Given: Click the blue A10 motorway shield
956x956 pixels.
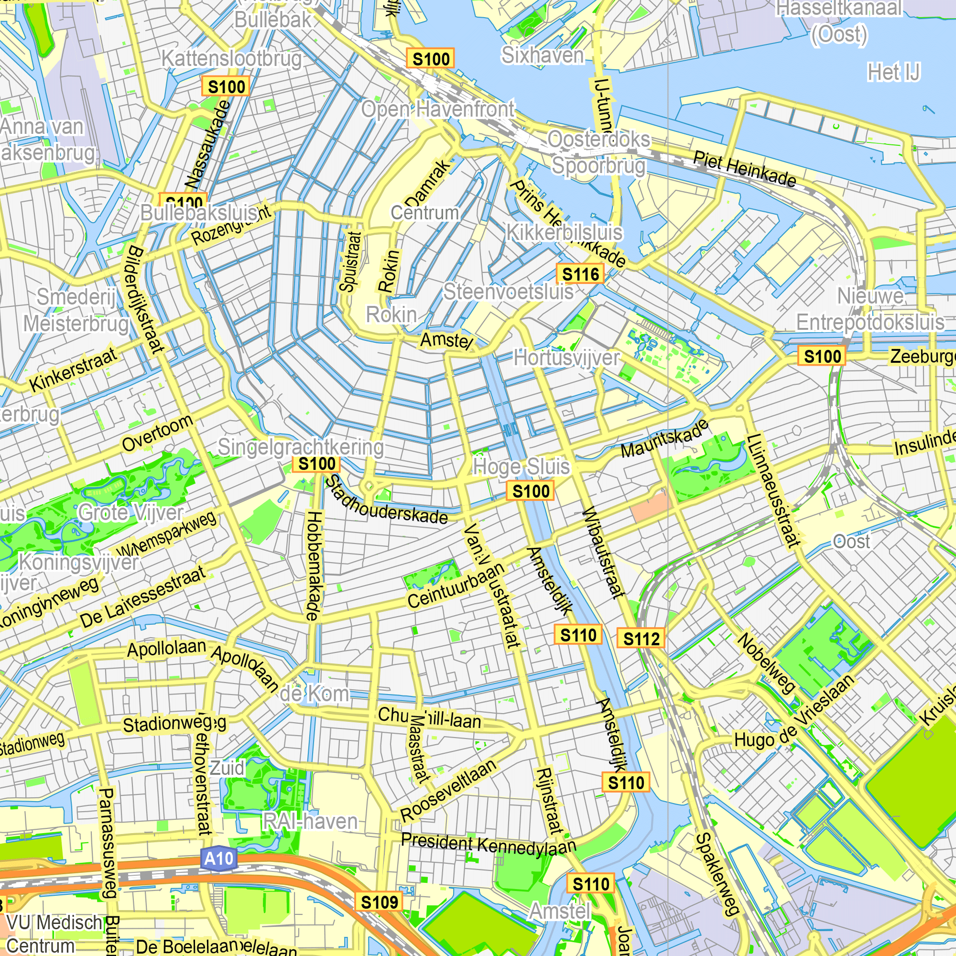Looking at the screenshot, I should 219,858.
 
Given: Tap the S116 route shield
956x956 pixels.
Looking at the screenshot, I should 580,273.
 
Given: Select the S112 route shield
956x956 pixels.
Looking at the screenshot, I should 641,639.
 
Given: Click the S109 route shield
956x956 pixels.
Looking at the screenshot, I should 379,902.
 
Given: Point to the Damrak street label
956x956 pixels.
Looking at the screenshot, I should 428,183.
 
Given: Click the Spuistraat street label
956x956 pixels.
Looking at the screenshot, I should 350,262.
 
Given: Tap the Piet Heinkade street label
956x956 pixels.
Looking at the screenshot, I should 745,169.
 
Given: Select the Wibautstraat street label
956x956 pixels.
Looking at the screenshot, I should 602,553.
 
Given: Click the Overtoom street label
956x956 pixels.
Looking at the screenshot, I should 157,433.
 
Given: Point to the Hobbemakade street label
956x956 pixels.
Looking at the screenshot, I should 314,565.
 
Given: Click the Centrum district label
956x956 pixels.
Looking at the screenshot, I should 424,213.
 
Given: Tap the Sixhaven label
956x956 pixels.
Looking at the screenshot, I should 543,55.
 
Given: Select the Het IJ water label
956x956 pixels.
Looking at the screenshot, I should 894,72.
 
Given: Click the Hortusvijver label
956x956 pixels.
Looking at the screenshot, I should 566,358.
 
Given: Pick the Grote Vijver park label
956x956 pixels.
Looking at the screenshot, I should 130,512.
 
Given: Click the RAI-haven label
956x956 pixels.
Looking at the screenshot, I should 310,821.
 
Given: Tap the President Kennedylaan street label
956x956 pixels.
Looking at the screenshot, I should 489,844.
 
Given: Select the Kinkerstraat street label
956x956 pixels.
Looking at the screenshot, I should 74,369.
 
